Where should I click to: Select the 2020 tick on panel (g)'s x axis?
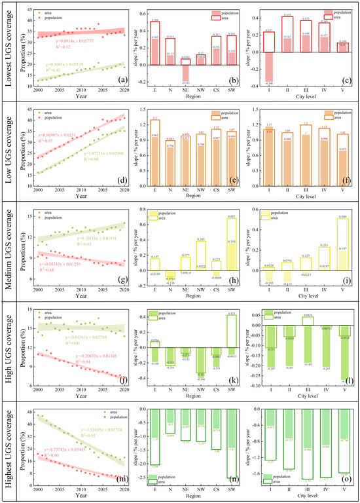pos(122,290)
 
